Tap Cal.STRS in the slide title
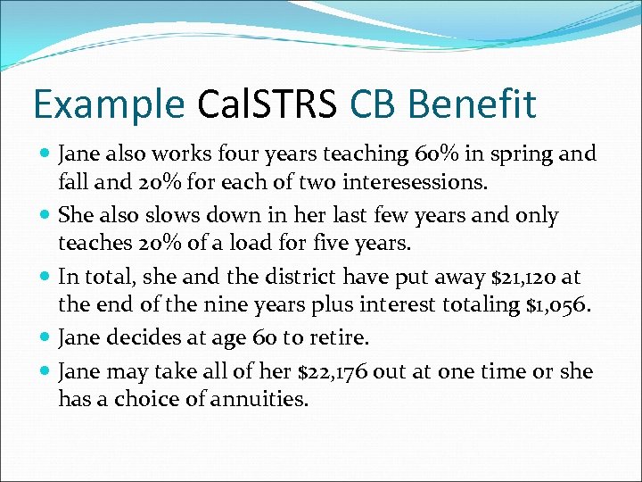(267, 105)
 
